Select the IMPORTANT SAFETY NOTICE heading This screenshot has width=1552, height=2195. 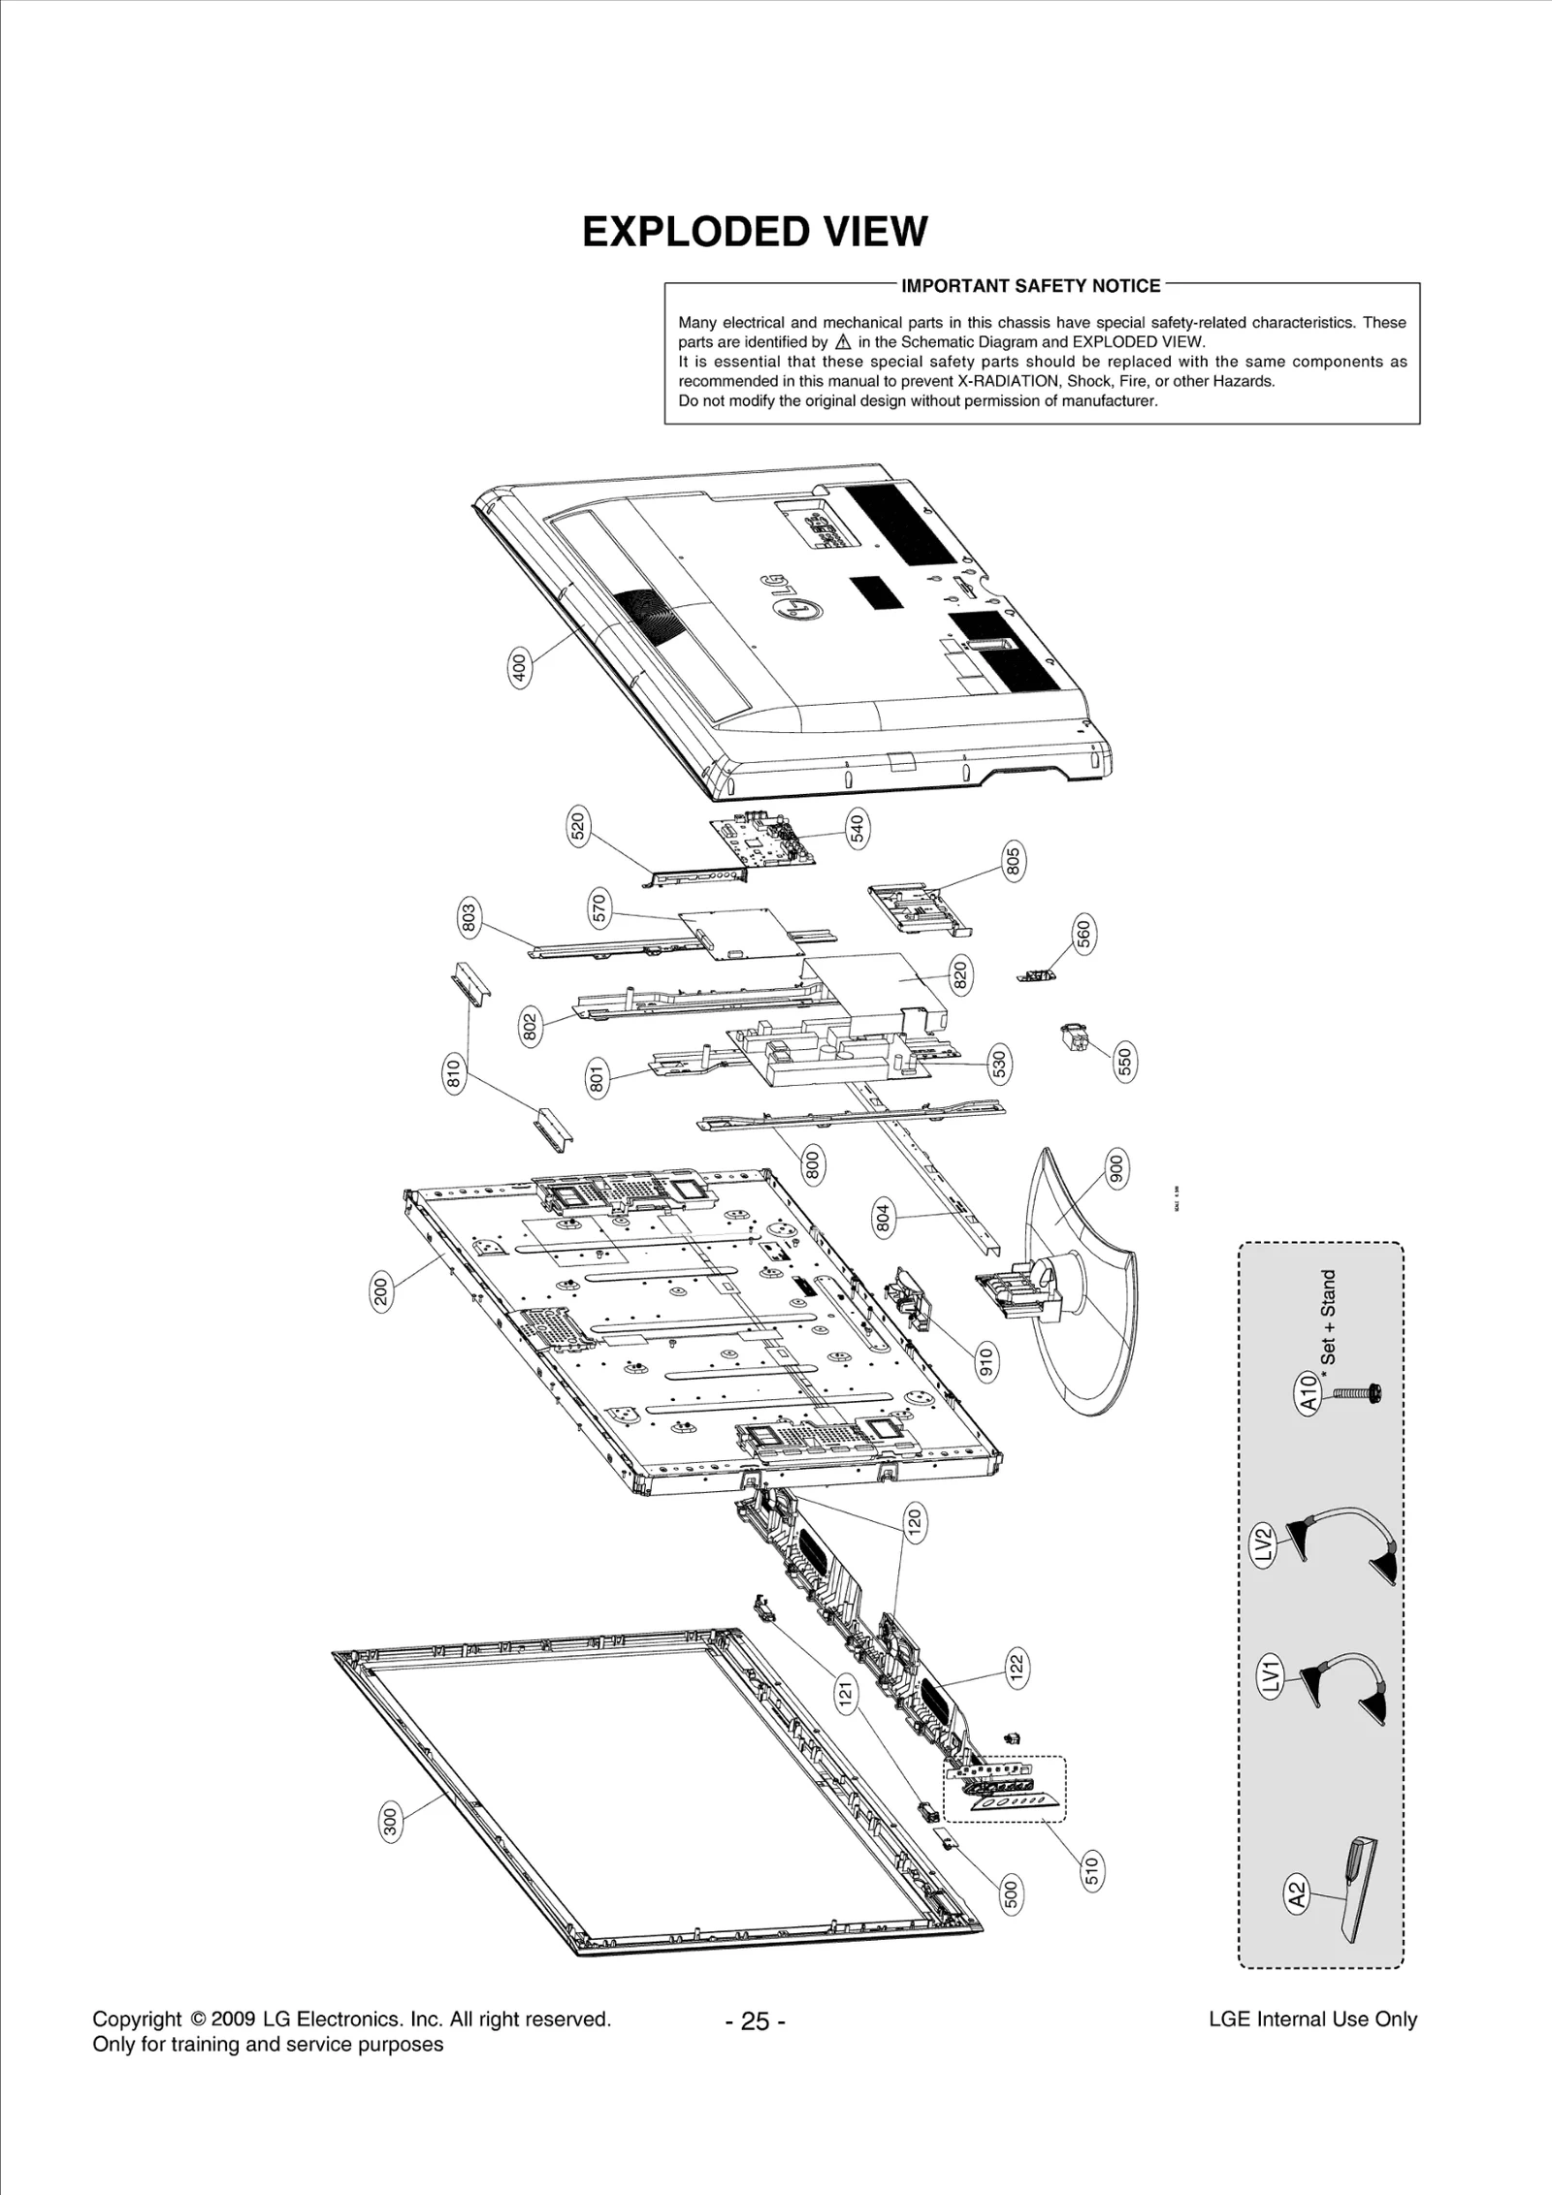coord(1030,286)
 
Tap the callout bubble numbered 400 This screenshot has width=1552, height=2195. coord(519,669)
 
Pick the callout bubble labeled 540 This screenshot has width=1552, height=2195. coord(857,830)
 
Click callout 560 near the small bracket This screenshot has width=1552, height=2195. coord(1083,933)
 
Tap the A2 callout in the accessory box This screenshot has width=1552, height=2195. coord(1297,1893)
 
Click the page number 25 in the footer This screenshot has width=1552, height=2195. coord(755,2021)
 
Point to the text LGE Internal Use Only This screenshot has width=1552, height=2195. coord(1312,2020)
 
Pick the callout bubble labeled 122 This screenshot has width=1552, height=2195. coord(1016,1670)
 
